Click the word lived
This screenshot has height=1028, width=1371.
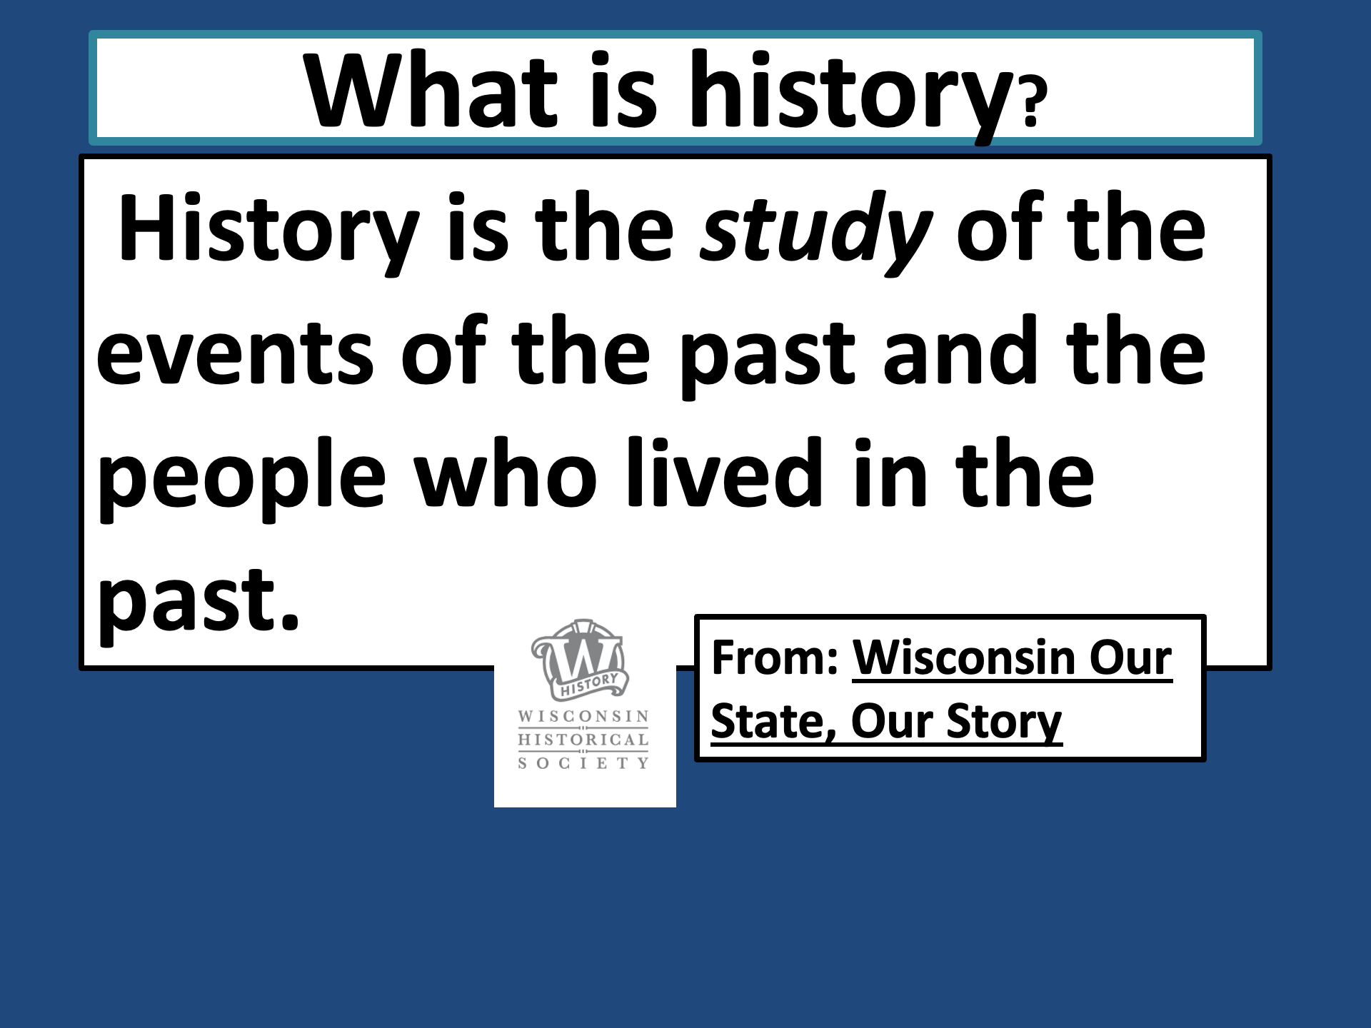(x=724, y=471)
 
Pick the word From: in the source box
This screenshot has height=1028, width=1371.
(x=775, y=657)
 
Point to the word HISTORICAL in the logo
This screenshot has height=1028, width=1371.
(x=583, y=740)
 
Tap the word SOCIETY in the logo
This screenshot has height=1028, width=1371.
(x=583, y=763)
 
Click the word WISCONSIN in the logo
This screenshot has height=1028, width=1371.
(x=583, y=716)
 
